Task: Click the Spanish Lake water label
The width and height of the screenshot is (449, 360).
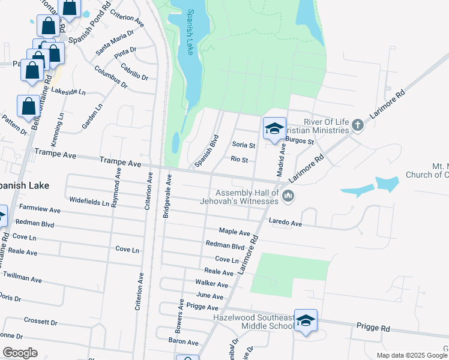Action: click(x=190, y=33)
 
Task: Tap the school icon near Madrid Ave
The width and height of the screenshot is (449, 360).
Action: click(x=274, y=128)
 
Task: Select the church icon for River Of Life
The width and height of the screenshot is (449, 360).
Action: click(x=358, y=125)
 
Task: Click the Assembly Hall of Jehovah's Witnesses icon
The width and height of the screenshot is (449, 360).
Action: click(x=289, y=196)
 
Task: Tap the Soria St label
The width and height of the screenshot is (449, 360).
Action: click(x=244, y=145)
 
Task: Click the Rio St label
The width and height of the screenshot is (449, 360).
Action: click(x=240, y=159)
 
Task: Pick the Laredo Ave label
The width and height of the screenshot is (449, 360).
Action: click(x=285, y=223)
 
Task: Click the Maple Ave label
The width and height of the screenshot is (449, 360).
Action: click(x=234, y=232)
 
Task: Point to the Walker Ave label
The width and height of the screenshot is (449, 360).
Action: click(x=211, y=284)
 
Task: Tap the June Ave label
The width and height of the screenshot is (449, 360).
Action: click(x=209, y=296)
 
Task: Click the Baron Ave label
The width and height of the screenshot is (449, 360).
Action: click(x=183, y=342)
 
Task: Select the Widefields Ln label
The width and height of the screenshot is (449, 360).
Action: click(x=89, y=203)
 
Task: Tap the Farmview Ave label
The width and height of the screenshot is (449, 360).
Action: click(x=40, y=211)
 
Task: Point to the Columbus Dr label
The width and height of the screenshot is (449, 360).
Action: click(x=111, y=76)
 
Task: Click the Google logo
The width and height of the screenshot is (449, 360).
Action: click(x=20, y=353)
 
